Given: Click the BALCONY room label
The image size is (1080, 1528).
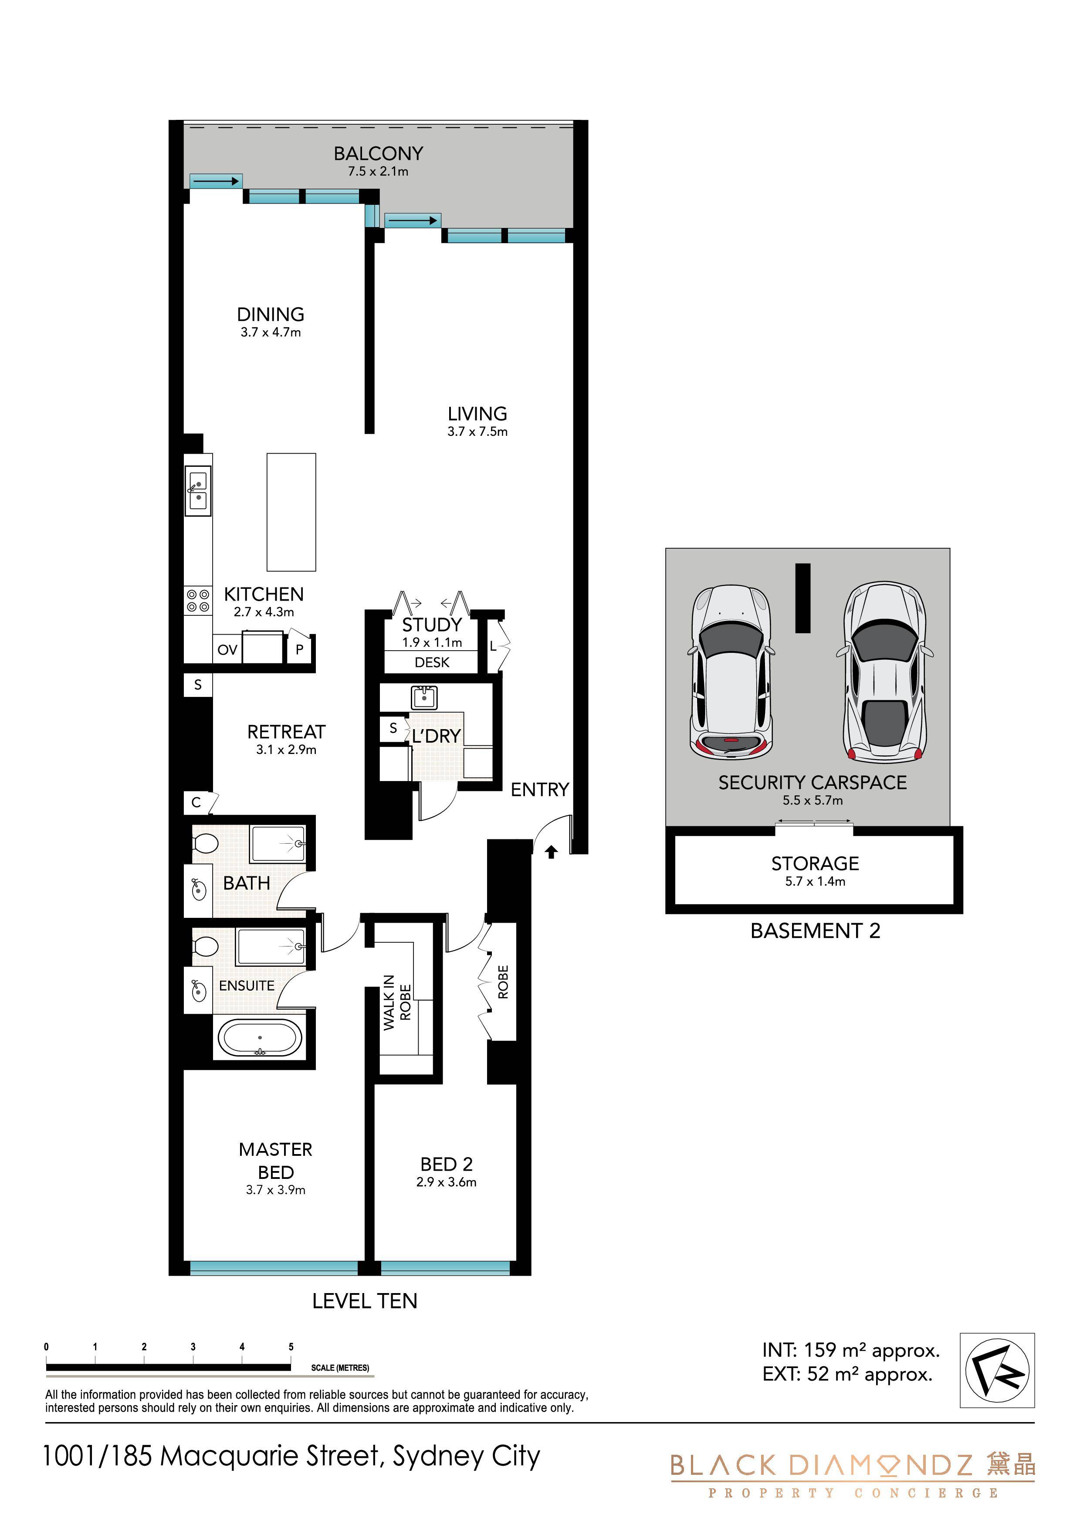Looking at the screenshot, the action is [x=378, y=154].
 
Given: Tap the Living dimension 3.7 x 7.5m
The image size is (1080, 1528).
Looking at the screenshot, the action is [x=477, y=431].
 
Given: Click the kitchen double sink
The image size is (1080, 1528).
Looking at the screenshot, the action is [x=198, y=491].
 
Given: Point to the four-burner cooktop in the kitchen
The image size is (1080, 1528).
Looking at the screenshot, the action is [x=198, y=601].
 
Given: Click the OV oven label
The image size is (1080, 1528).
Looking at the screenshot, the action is [x=227, y=649].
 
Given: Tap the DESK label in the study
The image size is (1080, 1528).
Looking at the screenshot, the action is [x=432, y=662].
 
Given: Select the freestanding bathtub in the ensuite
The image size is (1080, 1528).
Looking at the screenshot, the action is [x=260, y=1038].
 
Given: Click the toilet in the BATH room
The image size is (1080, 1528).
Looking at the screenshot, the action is [x=205, y=844].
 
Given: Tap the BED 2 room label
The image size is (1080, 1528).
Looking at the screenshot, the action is [x=447, y=1164].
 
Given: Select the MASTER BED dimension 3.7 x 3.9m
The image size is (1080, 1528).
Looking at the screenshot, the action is [x=275, y=1190].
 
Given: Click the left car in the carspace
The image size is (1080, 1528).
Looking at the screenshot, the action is [x=732, y=672].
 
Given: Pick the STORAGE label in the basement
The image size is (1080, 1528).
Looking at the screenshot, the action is [x=815, y=863].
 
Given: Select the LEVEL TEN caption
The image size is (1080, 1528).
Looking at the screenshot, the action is [x=365, y=1301].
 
